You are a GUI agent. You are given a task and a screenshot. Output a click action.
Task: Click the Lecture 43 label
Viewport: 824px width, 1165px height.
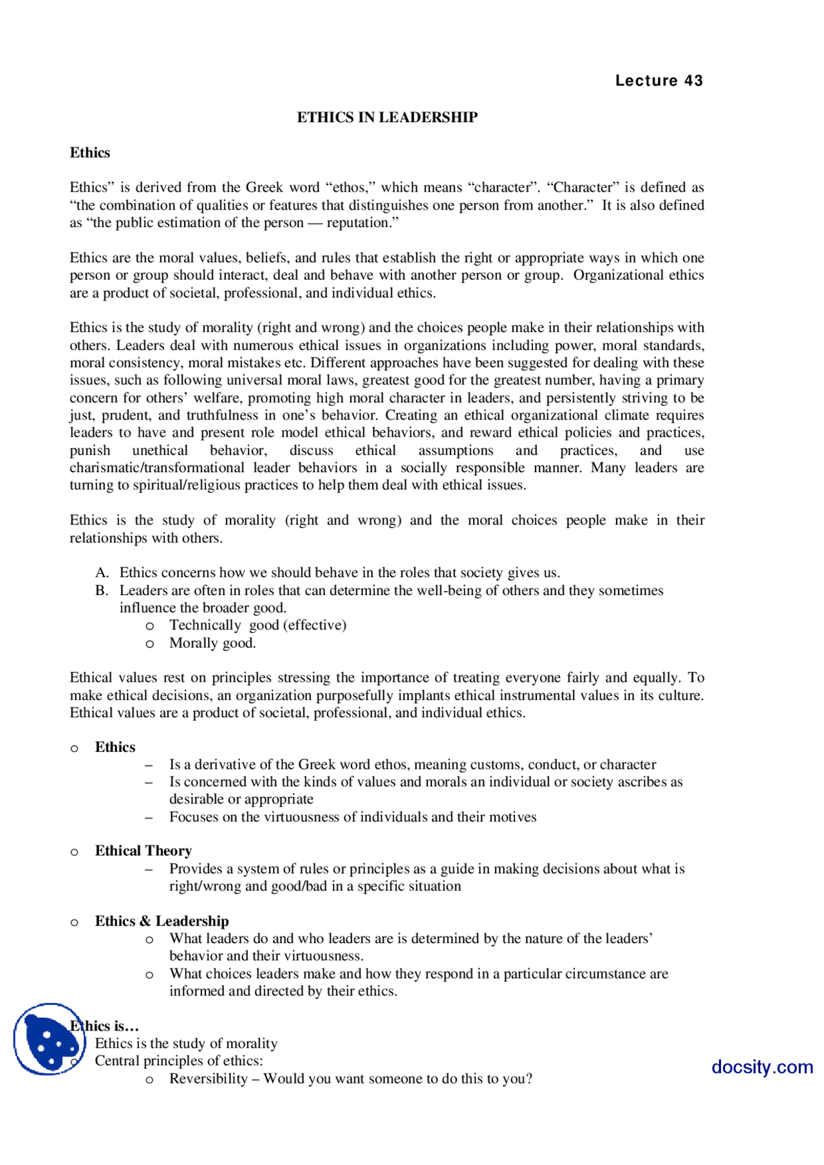coord(659,81)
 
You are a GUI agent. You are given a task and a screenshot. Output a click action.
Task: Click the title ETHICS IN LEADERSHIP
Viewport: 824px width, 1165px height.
coord(387,117)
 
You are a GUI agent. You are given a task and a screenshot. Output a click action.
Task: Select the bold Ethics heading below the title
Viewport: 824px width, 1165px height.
coord(90,152)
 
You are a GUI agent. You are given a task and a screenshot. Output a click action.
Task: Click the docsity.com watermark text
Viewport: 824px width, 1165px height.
coord(762,1067)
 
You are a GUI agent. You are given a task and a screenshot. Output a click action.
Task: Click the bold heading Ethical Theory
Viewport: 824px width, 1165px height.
coord(144,851)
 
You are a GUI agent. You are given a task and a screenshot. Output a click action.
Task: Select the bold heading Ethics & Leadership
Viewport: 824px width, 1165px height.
coord(162,921)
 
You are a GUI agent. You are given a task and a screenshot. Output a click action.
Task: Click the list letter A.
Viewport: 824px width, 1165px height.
coord(101,573)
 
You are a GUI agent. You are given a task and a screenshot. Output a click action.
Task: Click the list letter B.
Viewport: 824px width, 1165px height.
coord(101,591)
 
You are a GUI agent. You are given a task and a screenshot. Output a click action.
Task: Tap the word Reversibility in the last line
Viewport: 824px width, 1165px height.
coord(208,1079)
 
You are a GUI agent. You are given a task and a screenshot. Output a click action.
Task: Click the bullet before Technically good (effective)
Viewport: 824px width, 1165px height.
coord(149,626)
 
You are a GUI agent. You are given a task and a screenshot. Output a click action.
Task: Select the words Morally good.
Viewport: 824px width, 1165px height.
coord(212,643)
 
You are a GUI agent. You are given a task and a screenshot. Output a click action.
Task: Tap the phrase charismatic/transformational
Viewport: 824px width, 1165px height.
coord(157,468)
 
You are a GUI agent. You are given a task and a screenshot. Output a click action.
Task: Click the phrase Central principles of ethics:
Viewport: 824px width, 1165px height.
coord(179,1061)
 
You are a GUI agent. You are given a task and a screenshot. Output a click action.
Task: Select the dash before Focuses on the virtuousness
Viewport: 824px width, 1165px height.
coord(149,817)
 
